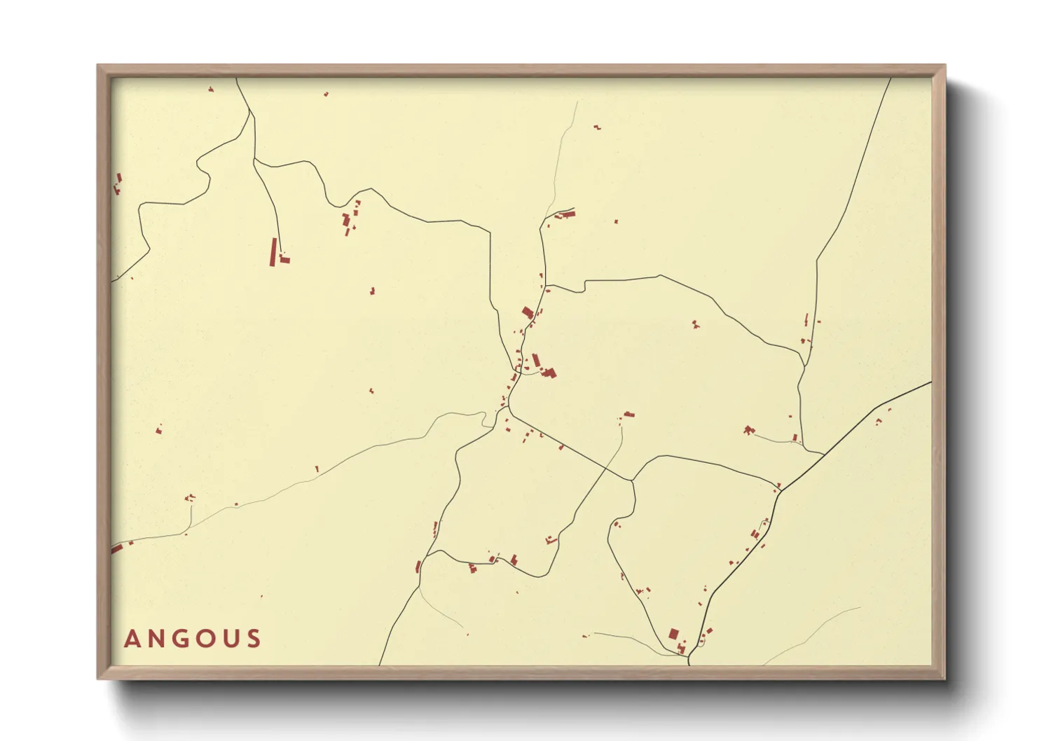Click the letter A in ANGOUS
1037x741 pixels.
tap(132, 639)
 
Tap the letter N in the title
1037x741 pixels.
tap(156, 639)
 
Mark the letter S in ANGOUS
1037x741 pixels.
tap(254, 639)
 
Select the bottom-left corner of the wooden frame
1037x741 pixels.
tap(99, 677)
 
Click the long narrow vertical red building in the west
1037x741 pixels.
tap(273, 252)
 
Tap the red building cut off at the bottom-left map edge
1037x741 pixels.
tap(116, 548)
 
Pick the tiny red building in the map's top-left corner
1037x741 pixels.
tap(210, 89)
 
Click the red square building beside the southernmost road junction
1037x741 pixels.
tap(673, 634)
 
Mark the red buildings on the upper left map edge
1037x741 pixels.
tap(118, 183)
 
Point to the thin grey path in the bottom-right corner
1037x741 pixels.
tap(813, 633)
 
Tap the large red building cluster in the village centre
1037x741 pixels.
tap(548, 372)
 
